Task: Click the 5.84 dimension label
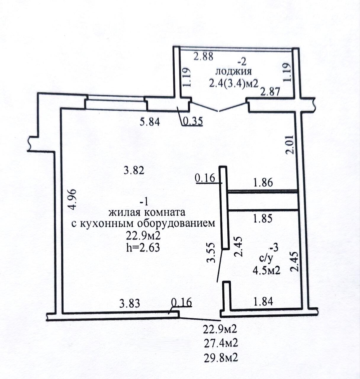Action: click(x=150, y=121)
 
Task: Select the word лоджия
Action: click(x=234, y=72)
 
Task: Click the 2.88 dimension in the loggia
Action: click(x=203, y=56)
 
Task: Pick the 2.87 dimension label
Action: click(x=270, y=92)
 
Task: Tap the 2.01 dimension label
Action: click(x=290, y=144)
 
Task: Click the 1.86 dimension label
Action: click(x=263, y=182)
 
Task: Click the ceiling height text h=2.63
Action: click(x=143, y=247)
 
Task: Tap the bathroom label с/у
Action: click(x=266, y=258)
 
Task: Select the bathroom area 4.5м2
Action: click(x=266, y=270)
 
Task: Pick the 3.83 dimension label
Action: click(x=129, y=303)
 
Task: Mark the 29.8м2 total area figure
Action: click(x=221, y=358)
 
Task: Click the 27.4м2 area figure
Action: click(x=221, y=343)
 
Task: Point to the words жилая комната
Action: click(x=147, y=212)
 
